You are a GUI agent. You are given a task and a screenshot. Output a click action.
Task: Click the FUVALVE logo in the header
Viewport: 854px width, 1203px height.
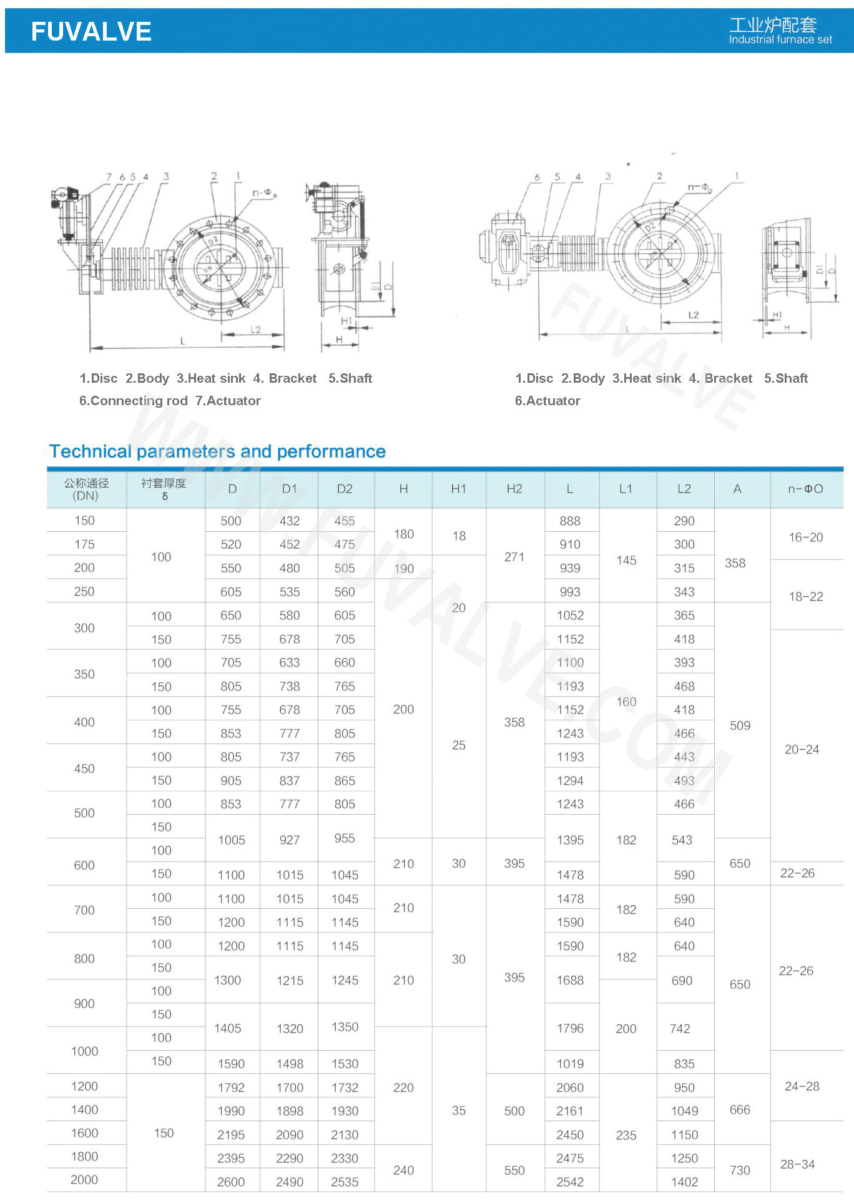click(91, 31)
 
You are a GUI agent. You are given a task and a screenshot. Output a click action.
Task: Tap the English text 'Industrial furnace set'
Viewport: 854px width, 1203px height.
click(780, 40)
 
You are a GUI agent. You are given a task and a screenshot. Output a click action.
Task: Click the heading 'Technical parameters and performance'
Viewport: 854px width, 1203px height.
click(217, 451)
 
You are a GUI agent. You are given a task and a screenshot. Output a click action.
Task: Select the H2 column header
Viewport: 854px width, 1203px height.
click(514, 489)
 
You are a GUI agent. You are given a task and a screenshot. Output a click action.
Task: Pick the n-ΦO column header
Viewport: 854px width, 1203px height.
click(805, 489)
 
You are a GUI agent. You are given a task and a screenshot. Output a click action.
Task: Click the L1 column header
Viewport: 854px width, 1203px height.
click(626, 489)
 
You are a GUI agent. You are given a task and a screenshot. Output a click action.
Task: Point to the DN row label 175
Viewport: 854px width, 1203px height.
click(85, 544)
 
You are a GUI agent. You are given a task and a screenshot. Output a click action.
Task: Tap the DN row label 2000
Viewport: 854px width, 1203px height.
click(84, 1179)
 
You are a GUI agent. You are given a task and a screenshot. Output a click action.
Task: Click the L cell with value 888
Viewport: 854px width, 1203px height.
click(570, 521)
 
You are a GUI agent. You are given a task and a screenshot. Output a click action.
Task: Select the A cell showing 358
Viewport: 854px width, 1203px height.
click(735, 563)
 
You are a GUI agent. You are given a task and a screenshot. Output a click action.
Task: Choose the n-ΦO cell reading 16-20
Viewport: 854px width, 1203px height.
click(806, 537)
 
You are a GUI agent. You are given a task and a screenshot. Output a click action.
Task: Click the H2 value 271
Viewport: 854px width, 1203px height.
click(514, 557)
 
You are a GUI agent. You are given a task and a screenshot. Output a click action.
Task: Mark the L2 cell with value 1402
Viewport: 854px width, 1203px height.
click(684, 1182)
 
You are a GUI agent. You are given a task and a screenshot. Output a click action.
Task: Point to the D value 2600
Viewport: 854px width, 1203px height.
click(231, 1182)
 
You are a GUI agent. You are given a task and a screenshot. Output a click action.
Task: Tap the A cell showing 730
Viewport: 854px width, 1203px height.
click(740, 1171)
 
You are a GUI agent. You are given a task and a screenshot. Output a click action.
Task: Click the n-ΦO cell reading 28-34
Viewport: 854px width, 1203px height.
click(797, 1164)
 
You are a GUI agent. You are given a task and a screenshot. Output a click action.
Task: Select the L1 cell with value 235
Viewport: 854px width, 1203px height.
click(626, 1136)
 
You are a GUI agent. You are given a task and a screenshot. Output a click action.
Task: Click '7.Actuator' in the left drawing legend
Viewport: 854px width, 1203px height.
click(228, 401)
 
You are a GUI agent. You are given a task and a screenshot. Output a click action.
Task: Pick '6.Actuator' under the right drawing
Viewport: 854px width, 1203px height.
click(547, 401)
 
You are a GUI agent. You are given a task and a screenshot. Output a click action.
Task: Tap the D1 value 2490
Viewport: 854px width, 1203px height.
click(290, 1182)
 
